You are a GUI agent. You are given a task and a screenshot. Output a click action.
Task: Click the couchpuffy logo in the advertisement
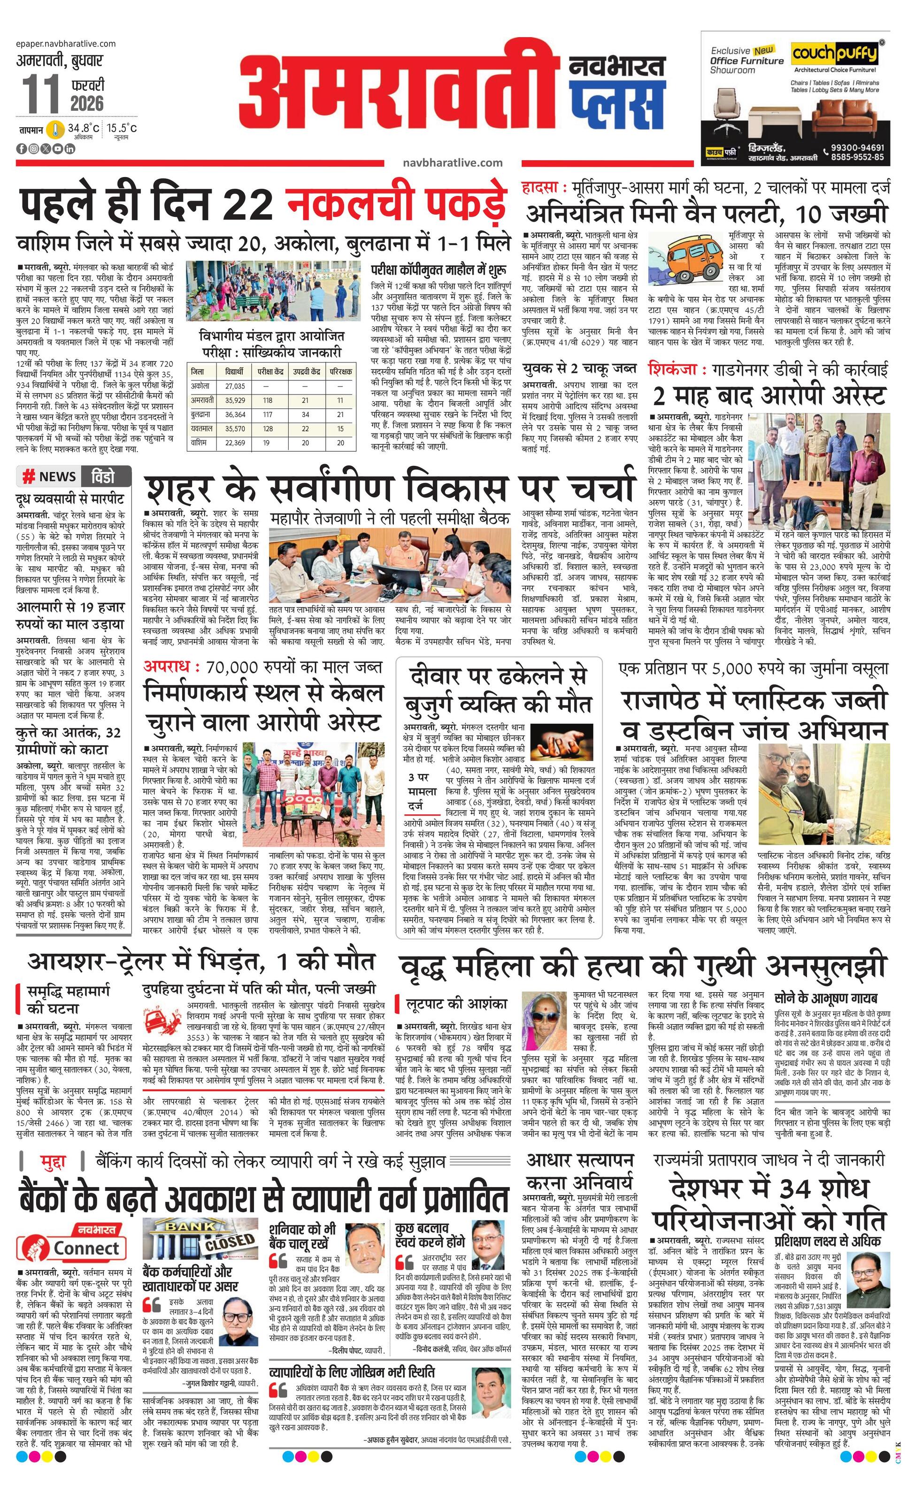click(x=834, y=54)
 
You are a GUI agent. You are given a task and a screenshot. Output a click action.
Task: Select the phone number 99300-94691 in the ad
click(x=856, y=147)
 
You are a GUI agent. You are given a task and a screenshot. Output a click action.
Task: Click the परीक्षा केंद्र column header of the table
click(x=271, y=371)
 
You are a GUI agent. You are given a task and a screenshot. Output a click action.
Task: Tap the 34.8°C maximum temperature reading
click(x=84, y=128)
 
